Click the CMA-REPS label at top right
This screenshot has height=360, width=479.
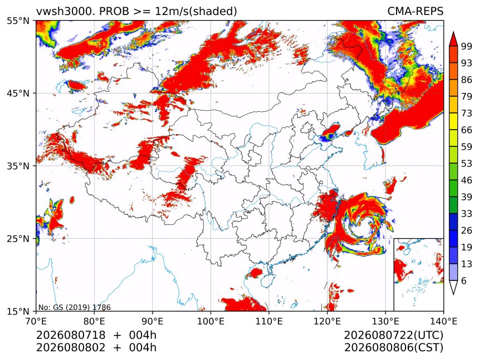coord(415,11)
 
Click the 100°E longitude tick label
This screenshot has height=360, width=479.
coord(211,321)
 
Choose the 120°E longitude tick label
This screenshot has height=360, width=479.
coord(327,321)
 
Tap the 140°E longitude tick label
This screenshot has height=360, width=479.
coord(443,321)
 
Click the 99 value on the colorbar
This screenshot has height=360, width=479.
coord(467,46)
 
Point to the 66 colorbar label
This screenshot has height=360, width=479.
coord(467,130)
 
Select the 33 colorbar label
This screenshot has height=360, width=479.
coord(467,214)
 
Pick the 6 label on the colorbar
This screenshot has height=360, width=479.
coord(464,280)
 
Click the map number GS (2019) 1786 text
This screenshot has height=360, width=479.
coord(75,307)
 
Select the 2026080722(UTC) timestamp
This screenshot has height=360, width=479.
coord(393,335)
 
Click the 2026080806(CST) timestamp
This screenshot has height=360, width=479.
coord(393,348)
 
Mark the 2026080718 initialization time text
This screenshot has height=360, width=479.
coord(71,335)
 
